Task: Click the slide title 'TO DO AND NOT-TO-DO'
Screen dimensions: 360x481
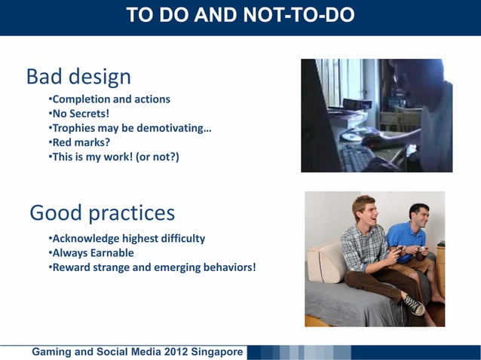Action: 240,15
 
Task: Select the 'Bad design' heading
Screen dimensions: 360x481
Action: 78,77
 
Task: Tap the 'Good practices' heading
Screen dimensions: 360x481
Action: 102,213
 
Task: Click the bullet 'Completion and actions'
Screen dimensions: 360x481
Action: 109,99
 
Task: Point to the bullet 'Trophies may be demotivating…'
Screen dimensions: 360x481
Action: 130,128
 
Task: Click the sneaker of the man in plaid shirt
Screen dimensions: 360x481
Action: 413,304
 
